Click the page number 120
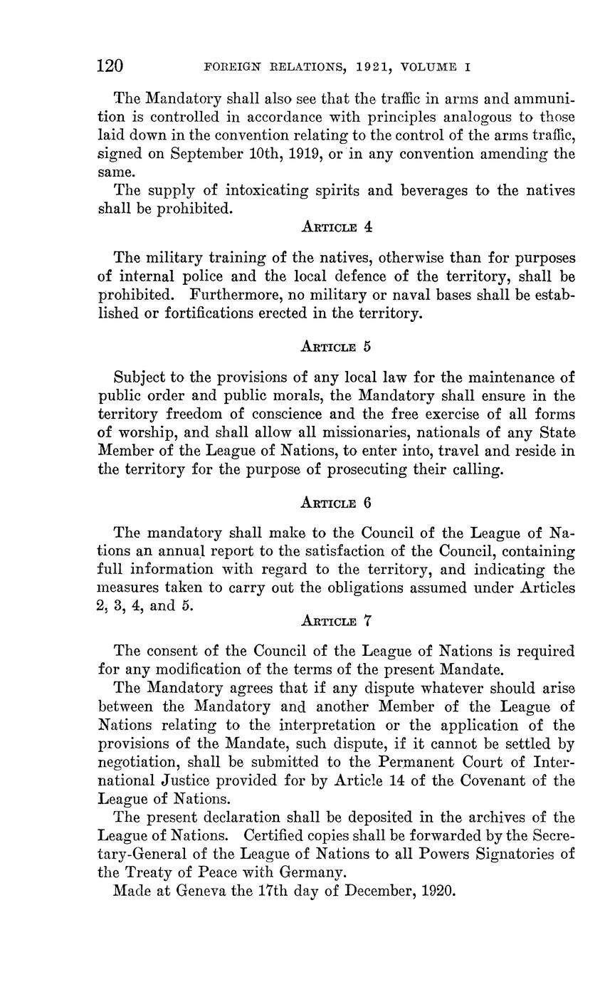click(110, 67)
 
